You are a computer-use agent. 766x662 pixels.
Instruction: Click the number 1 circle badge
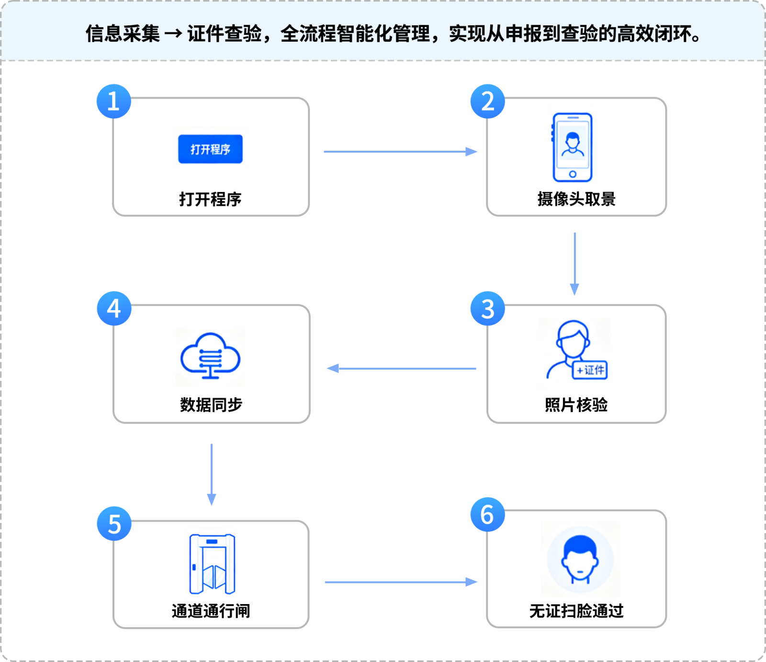click(114, 101)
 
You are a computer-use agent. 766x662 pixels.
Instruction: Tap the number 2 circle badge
click(487, 101)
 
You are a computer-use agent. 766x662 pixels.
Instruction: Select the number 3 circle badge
click(487, 309)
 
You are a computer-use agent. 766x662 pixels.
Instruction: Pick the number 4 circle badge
click(114, 309)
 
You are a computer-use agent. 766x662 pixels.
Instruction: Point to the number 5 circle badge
click(114, 524)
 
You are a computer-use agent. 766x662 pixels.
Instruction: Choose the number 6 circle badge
click(487, 515)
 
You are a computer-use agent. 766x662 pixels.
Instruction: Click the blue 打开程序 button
click(210, 149)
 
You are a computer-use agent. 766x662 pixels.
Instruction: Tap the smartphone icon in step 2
click(573, 147)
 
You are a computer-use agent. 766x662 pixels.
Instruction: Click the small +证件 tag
click(590, 370)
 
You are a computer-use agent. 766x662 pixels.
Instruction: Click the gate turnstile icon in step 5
click(212, 564)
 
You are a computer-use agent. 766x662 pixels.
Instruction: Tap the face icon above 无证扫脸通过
click(580, 560)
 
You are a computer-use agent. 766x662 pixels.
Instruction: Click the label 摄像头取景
click(576, 199)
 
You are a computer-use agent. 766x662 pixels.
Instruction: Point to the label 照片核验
click(576, 405)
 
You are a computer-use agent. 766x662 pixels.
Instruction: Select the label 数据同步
click(211, 405)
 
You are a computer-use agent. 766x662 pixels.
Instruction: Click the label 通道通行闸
click(211, 611)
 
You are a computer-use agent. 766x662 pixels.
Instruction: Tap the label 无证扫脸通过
click(576, 611)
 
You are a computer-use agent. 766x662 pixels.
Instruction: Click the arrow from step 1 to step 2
click(400, 152)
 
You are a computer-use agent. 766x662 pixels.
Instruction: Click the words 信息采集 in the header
click(123, 34)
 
